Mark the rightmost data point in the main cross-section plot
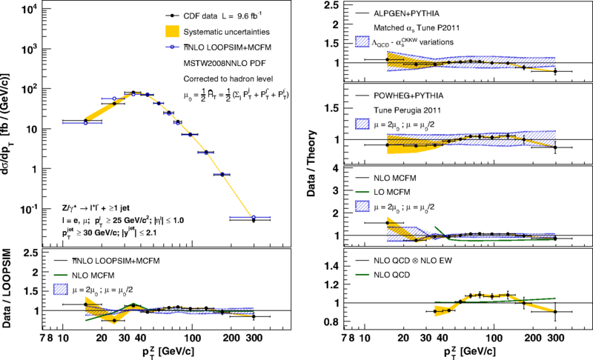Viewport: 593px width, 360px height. [x=254, y=220]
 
